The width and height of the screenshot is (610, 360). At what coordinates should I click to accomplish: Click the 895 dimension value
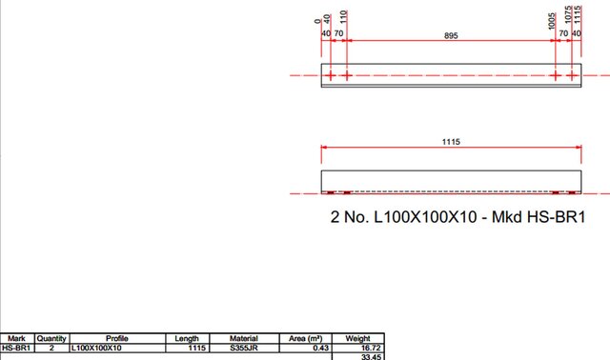click(451, 36)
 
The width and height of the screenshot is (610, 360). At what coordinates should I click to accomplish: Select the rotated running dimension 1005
click(551, 21)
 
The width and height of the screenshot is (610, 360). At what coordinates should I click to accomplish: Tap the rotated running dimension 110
click(343, 17)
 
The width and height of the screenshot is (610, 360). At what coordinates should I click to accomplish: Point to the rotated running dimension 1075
click(568, 14)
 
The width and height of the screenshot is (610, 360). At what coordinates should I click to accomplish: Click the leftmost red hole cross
click(331, 75)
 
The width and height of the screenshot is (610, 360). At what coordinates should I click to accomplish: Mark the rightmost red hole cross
click(572, 75)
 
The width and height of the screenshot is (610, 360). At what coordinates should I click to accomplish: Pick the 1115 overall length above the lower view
click(451, 142)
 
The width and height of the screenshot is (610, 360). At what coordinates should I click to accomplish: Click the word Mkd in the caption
click(506, 217)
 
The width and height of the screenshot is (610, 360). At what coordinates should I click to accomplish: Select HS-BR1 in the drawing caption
click(556, 217)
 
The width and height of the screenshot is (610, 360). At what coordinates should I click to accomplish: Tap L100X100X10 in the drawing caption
click(425, 217)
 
